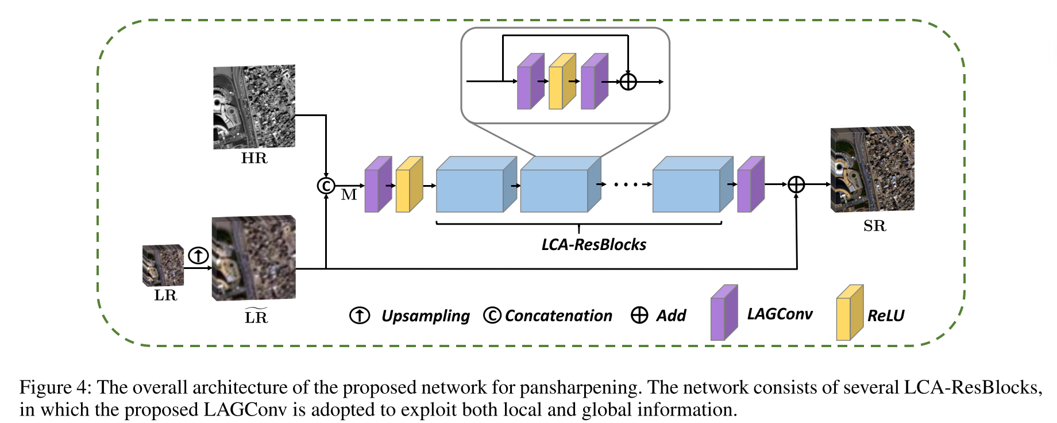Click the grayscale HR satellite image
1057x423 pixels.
pos(254,107)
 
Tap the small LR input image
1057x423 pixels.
pos(163,266)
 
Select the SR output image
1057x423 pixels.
pos(872,170)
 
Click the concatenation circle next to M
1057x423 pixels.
pos(326,186)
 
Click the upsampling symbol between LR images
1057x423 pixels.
pos(198,255)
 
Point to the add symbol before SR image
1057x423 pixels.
pos(796,184)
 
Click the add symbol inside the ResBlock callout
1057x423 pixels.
pos(628,82)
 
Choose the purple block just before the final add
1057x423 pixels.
pos(750,186)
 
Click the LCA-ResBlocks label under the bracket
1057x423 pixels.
pos(593,245)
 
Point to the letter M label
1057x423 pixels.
pos(349,195)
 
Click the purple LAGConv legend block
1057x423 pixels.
pos(723,313)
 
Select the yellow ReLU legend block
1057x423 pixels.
pos(849,313)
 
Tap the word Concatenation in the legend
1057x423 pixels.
pos(558,316)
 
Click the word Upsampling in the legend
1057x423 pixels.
pos(425,316)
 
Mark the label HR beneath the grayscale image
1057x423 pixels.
pos(254,159)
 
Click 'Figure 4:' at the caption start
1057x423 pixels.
pos(55,387)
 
